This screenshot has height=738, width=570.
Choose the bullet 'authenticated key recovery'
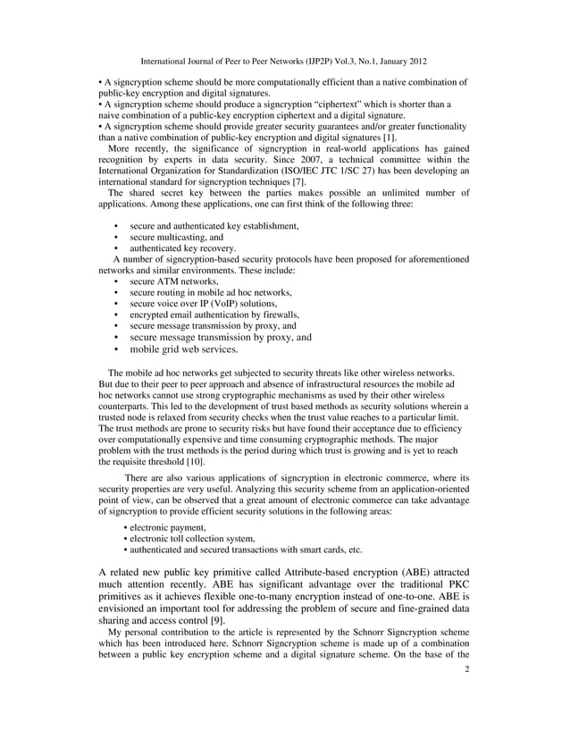[x=182, y=248]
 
